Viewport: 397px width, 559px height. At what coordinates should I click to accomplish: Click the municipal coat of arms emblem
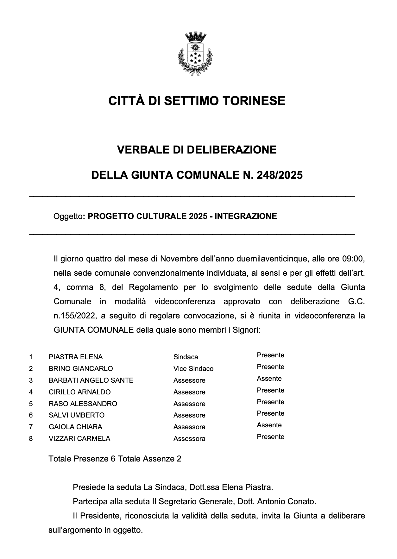(x=195, y=55)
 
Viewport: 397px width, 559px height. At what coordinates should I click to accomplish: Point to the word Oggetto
(x=68, y=217)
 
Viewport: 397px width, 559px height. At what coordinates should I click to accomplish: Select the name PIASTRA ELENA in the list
(x=76, y=357)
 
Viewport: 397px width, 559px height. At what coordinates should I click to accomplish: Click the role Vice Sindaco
(x=193, y=369)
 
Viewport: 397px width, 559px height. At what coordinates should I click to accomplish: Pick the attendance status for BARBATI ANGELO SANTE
(x=269, y=379)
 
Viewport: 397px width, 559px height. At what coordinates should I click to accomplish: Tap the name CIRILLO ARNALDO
(x=79, y=392)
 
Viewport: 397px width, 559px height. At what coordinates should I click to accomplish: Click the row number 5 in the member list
(x=31, y=404)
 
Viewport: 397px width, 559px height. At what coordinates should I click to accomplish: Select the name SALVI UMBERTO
(x=76, y=415)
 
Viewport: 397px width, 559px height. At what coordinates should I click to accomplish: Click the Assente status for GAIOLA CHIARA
(x=269, y=425)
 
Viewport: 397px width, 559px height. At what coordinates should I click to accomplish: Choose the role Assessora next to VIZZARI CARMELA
(x=189, y=439)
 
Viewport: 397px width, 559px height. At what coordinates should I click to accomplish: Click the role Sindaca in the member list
(x=186, y=357)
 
